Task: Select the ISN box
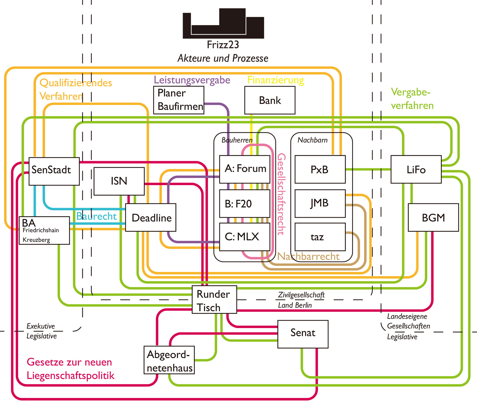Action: pos(119,181)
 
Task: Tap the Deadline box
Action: pos(151,217)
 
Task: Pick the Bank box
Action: pos(270,100)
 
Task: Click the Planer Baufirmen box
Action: pos(179,100)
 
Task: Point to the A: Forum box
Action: pos(244,169)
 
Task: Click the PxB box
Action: pos(320,169)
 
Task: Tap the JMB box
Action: pos(320,203)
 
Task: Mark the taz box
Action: pos(320,237)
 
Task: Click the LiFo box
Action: pos(416,169)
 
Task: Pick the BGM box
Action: pos(433,217)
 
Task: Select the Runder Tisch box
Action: pos(214,299)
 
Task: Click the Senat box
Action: pos(303,334)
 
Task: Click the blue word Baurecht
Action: pos(96,216)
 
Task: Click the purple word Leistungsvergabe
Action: pos(192,80)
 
